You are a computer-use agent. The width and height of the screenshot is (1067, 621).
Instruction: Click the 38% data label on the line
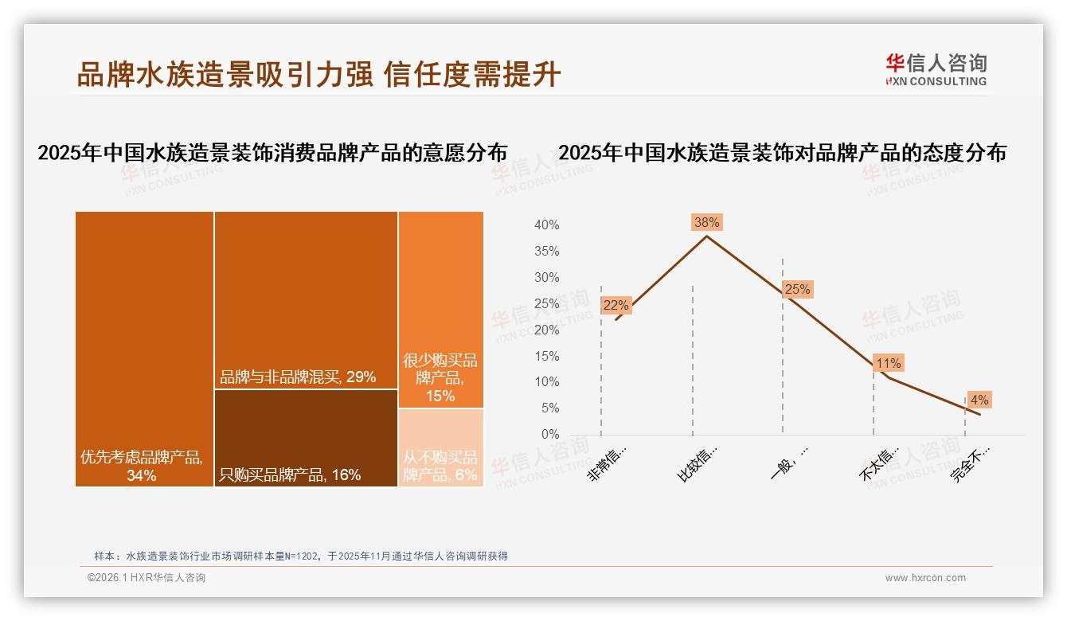pyautogui.click(x=707, y=222)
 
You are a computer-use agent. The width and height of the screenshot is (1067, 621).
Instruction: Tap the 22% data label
pyautogui.click(x=616, y=305)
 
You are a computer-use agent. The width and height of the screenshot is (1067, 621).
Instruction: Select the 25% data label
pyautogui.click(x=797, y=290)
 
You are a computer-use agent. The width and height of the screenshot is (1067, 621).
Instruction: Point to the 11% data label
pyautogui.click(x=888, y=364)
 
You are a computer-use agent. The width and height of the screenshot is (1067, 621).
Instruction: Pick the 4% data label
pyautogui.click(x=979, y=400)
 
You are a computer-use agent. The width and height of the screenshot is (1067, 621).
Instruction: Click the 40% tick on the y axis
pyautogui.click(x=546, y=225)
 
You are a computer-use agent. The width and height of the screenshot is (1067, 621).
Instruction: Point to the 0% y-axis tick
pyautogui.click(x=550, y=435)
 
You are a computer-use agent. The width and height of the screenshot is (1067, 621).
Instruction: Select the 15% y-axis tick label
pyautogui.click(x=546, y=356)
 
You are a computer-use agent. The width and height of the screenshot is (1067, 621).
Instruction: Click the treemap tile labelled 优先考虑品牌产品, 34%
pyautogui.click(x=144, y=348)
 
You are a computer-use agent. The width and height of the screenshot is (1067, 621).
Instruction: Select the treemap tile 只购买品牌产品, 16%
pyautogui.click(x=306, y=438)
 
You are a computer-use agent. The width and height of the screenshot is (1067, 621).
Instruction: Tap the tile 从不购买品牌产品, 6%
pyautogui.click(x=440, y=447)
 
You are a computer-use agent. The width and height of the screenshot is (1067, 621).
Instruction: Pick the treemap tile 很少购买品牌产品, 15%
pyautogui.click(x=440, y=310)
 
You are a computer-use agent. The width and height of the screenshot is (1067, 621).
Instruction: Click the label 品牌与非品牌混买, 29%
pyautogui.click(x=298, y=377)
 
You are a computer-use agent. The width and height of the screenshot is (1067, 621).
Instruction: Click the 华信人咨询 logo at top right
pyautogui.click(x=936, y=68)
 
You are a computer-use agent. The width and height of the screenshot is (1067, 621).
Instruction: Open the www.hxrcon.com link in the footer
pyautogui.click(x=925, y=578)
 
